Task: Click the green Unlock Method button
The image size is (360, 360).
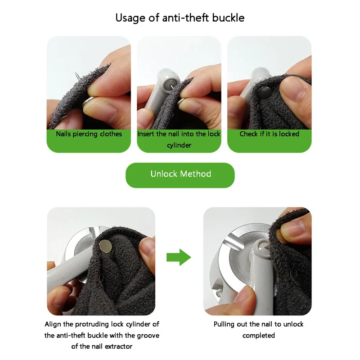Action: (x=180, y=175)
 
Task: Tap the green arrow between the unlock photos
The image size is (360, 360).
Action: (x=179, y=257)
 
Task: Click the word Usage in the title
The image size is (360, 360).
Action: (x=130, y=18)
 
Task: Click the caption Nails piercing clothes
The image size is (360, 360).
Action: (x=89, y=134)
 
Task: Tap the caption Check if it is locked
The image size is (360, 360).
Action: (x=269, y=134)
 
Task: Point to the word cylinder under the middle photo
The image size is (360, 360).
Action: (x=179, y=145)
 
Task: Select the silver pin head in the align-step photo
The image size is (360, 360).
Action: (x=106, y=246)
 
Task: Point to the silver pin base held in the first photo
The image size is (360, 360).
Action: (x=88, y=103)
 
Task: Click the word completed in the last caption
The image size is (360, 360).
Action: (x=258, y=336)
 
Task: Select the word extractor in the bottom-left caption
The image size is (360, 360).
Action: (x=118, y=346)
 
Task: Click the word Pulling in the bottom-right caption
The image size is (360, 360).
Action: (x=224, y=324)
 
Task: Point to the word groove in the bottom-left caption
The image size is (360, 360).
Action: (x=148, y=336)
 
